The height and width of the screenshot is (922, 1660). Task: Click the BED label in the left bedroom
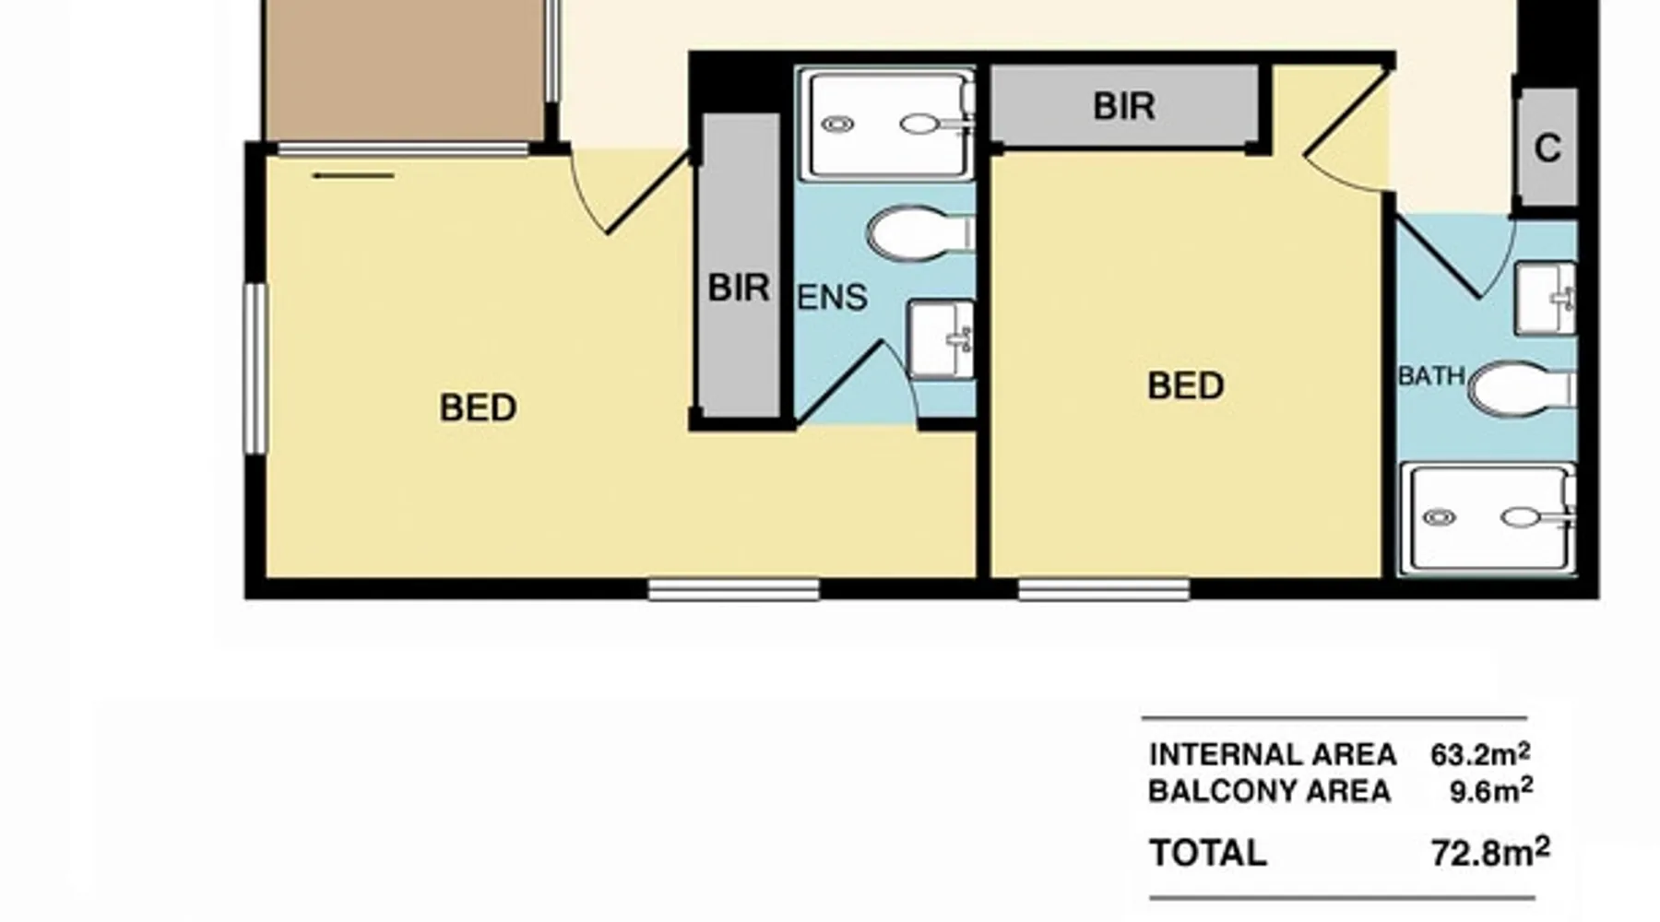tap(478, 408)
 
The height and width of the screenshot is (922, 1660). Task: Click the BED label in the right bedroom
tap(1186, 385)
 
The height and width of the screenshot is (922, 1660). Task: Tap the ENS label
tap(832, 298)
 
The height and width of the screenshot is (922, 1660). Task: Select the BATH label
tap(1431, 376)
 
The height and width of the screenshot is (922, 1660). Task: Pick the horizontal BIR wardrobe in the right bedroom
tap(1124, 106)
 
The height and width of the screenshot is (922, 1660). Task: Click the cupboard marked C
tap(1547, 148)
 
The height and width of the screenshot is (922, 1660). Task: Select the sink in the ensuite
tap(941, 338)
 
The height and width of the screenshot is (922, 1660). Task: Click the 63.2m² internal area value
tap(1480, 754)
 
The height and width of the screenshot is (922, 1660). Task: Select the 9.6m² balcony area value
tap(1490, 790)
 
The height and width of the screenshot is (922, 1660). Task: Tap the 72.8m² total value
tap(1490, 852)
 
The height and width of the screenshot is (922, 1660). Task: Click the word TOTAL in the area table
tap(1207, 853)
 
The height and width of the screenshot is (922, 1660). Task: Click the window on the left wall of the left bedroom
tap(255, 368)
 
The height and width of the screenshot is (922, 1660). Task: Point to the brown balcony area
tap(403, 70)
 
